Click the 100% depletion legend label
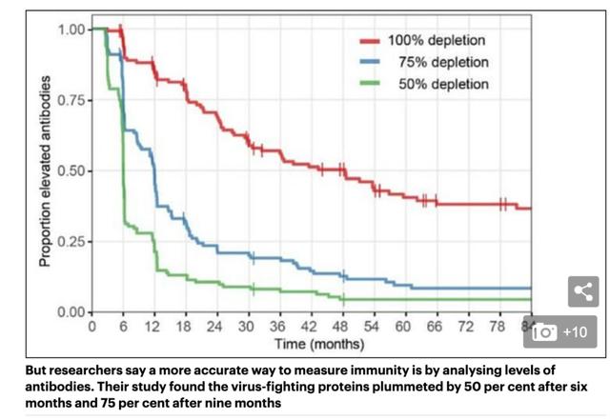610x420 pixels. coord(436,41)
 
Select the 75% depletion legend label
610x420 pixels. coord(439,62)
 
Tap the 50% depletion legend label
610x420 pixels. coord(439,84)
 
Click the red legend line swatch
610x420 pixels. coord(369,41)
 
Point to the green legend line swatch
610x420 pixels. coord(369,84)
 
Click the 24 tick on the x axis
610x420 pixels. coord(214,327)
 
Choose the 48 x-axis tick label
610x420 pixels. coord(339,327)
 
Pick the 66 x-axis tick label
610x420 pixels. coord(433,327)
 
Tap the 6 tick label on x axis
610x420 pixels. coord(123,327)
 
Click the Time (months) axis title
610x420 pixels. coord(312,343)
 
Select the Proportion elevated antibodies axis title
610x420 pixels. coord(45,171)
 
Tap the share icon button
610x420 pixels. coord(583,292)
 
